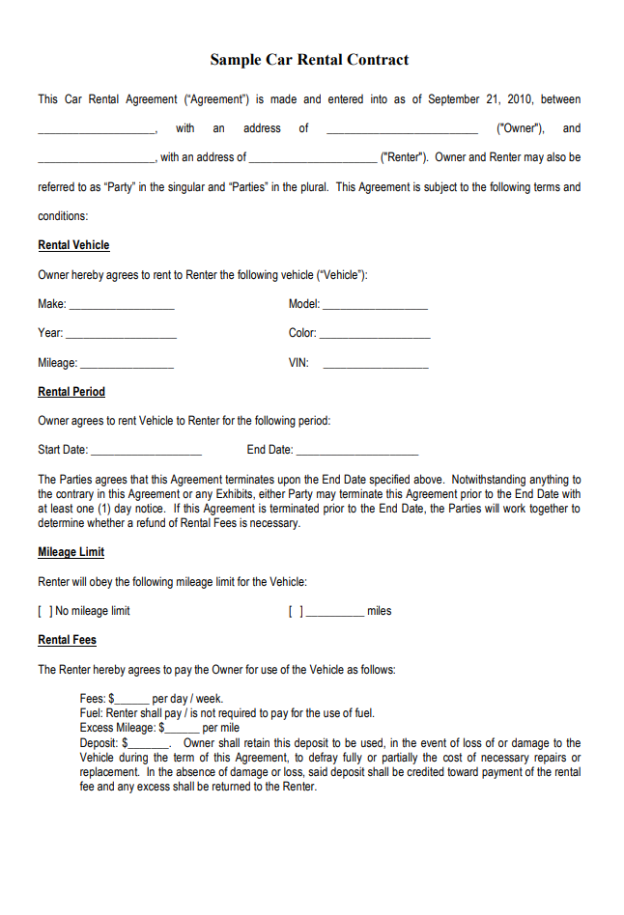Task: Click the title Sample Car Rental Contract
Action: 309,60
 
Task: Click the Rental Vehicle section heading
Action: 73,245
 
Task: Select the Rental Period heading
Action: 71,392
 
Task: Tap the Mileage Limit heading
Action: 71,552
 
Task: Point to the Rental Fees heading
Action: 67,640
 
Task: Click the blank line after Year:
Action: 121,336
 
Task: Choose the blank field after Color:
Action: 375,336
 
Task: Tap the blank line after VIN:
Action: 376,366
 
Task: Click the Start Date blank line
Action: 146,452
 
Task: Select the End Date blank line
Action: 357,452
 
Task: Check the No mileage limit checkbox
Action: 44,611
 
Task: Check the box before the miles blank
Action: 296,611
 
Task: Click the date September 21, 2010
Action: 481,99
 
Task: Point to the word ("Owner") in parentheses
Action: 520,128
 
